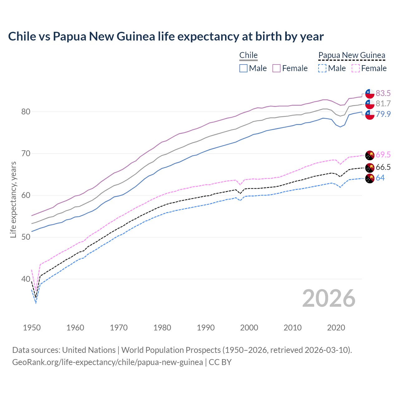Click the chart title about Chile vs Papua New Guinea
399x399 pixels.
click(x=166, y=36)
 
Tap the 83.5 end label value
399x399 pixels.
click(x=383, y=93)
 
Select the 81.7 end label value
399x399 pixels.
click(x=383, y=103)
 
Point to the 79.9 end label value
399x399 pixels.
click(x=383, y=114)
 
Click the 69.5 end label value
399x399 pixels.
click(x=383, y=155)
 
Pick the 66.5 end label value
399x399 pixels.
click(x=383, y=167)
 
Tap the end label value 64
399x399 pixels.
click(x=380, y=178)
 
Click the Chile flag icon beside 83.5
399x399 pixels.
click(x=370, y=94)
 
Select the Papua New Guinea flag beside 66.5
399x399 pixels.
click(x=370, y=167)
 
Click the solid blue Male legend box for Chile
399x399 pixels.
click(x=243, y=68)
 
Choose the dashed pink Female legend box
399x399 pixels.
click(x=356, y=68)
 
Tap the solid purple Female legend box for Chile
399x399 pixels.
click(x=276, y=68)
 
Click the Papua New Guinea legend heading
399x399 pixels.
click(x=352, y=55)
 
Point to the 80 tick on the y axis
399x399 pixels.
click(x=26, y=112)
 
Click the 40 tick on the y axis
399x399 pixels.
click(x=26, y=279)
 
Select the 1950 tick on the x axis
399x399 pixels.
click(x=32, y=328)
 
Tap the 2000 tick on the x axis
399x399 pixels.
click(x=249, y=328)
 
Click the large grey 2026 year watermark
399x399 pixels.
click(x=329, y=298)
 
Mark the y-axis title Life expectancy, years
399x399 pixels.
click(x=13, y=199)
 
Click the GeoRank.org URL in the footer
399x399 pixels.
click(x=108, y=362)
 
